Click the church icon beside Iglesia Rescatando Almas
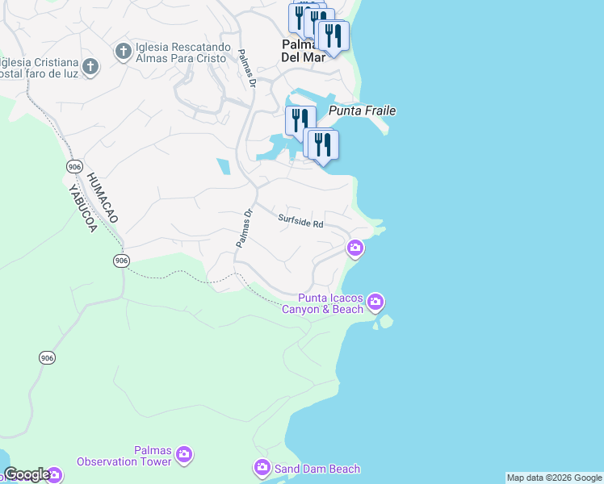[124, 52]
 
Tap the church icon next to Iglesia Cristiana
[90, 66]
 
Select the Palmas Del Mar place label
[303, 50]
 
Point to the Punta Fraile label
[363, 111]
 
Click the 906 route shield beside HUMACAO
[74, 166]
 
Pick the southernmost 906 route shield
[47, 357]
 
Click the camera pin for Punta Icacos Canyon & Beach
[375, 302]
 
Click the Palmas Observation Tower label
[124, 456]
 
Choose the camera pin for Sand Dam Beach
[262, 468]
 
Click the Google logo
[27, 474]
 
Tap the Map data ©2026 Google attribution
[554, 478]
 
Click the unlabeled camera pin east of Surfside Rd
[354, 248]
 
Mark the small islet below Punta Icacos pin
[385, 322]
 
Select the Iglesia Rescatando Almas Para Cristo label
[185, 52]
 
